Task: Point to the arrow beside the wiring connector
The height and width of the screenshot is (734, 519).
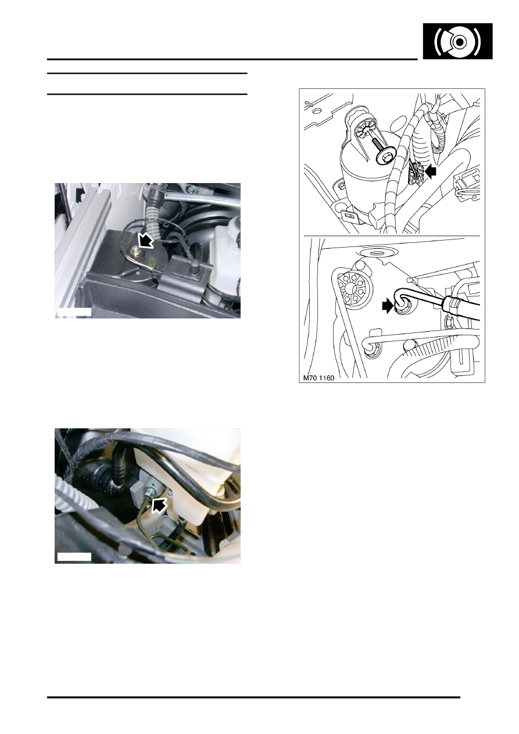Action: pos(431,171)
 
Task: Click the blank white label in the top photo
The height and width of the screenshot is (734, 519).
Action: pos(74,311)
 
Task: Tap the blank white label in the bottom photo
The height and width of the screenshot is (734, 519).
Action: pos(74,557)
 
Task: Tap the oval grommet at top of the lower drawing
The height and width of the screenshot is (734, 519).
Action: pos(374,253)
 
